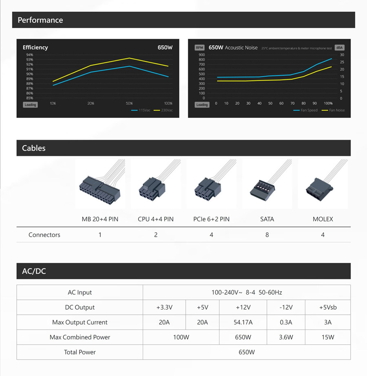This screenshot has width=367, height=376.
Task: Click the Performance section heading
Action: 40,20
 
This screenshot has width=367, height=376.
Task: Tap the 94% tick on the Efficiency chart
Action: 29,55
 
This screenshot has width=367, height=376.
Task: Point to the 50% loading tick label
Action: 129,103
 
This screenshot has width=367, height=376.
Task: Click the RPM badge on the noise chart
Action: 199,48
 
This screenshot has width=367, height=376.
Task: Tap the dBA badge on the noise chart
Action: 339,48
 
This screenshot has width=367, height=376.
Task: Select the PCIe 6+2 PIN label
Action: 211,219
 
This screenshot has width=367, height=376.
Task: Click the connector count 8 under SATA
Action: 267,235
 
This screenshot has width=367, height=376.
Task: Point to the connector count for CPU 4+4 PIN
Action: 156,235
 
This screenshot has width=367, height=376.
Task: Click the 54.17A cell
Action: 243,322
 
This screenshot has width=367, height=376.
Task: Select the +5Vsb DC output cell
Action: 327,308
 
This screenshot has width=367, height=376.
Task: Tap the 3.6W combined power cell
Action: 286,337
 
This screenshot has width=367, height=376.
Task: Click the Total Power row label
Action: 80,352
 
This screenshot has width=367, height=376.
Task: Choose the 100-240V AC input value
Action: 247,292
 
